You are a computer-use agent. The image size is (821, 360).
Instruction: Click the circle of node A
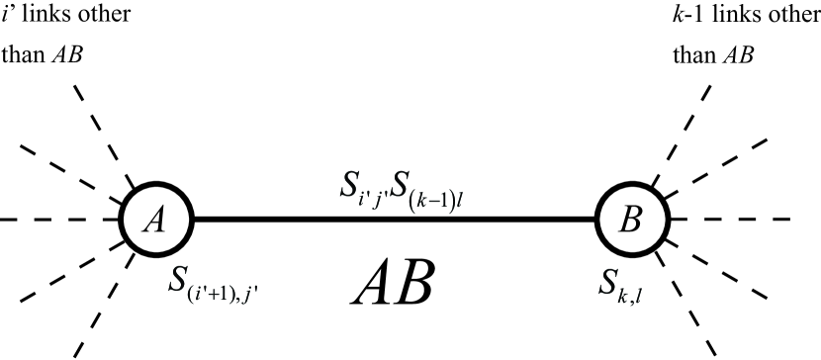pos(154,219)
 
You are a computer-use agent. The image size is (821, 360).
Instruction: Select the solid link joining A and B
pos(396,219)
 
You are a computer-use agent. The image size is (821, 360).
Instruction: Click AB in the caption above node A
pos(66,53)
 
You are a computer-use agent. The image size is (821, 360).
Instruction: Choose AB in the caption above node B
pos(738,53)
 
